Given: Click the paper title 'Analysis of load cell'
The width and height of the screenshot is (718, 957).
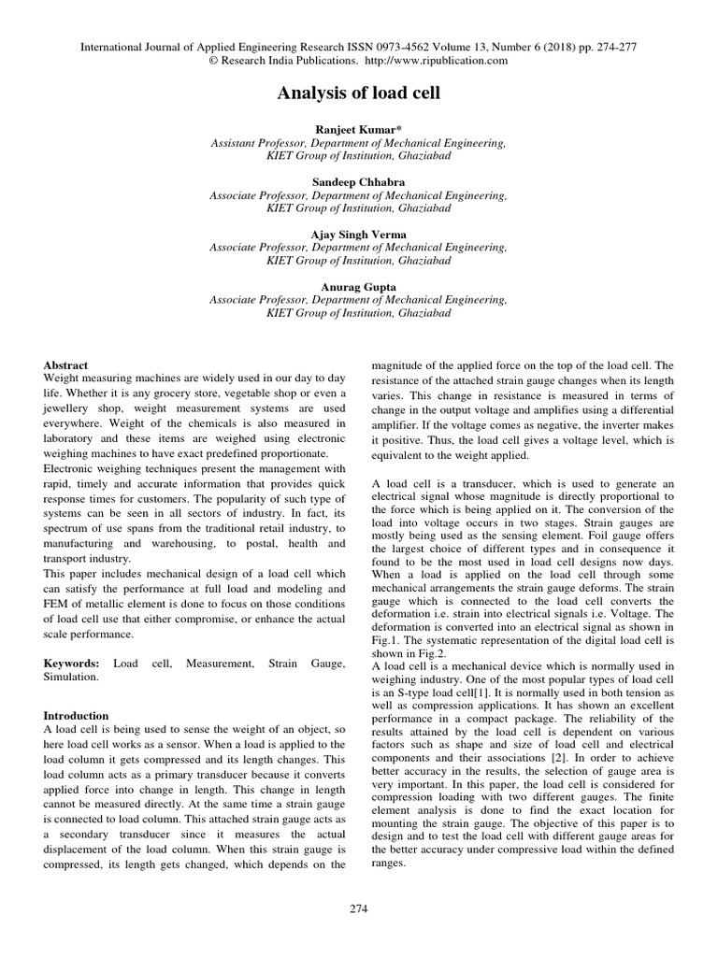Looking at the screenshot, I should tap(358, 93).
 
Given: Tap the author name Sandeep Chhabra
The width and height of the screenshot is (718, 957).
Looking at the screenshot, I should tap(358, 182).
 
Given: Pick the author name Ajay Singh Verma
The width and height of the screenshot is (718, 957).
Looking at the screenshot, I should tap(358, 235).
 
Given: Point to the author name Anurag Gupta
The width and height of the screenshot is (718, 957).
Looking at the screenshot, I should tap(358, 287).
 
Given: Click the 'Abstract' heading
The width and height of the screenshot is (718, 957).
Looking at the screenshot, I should tap(66, 364).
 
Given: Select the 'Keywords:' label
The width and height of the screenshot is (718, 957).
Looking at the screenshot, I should tap(72, 663).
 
